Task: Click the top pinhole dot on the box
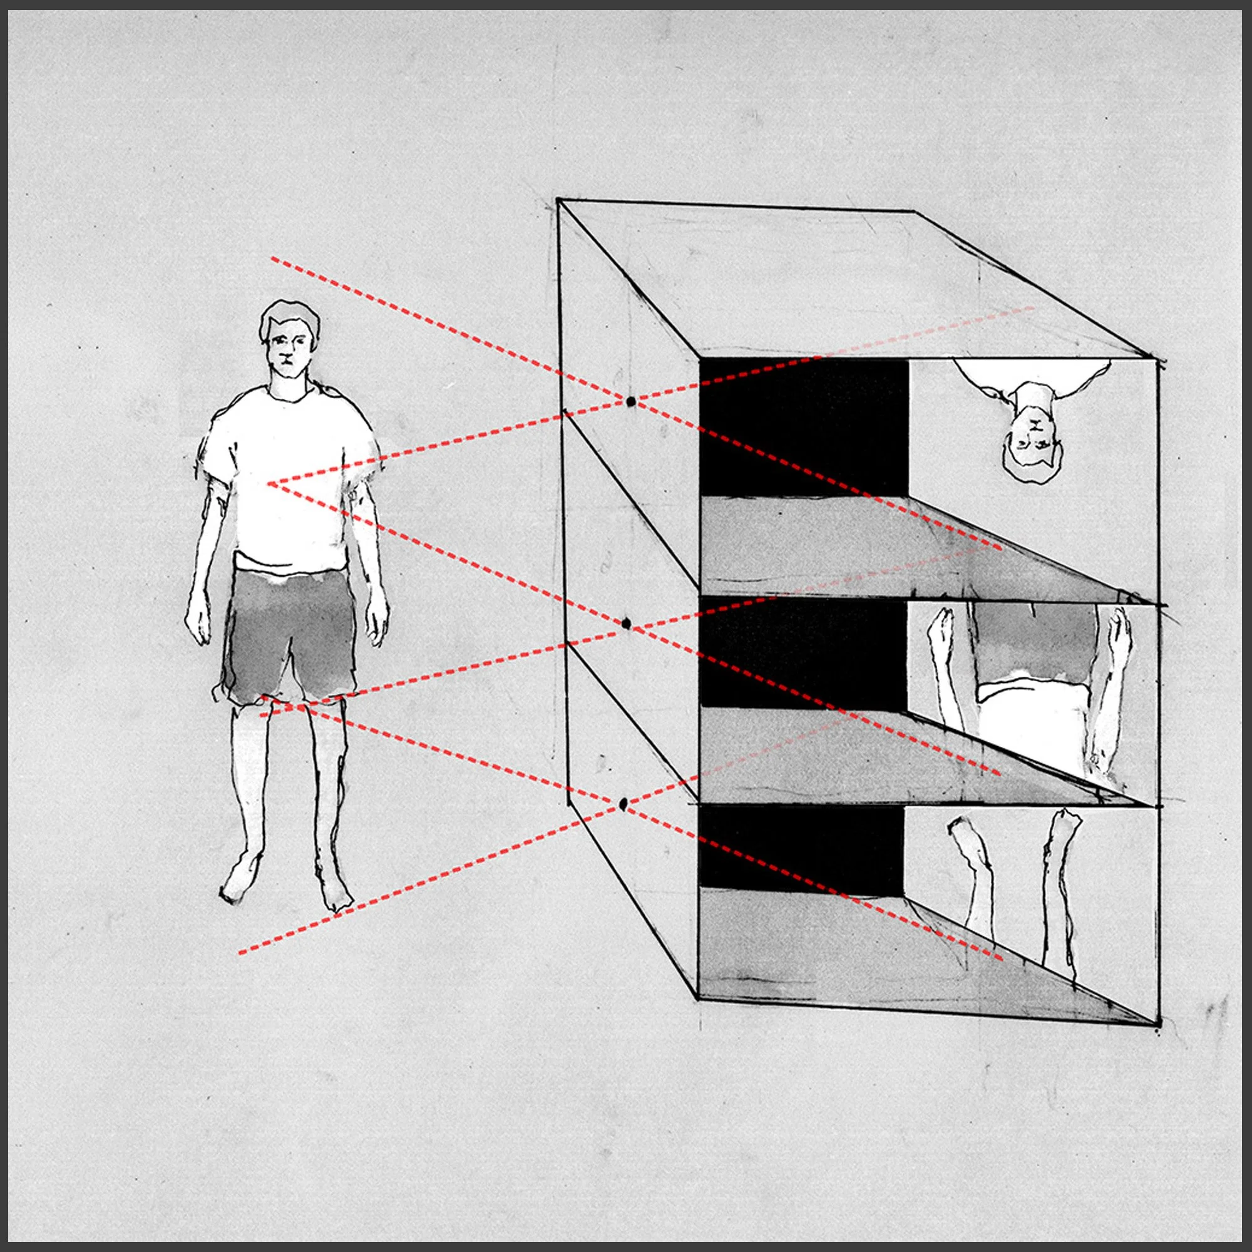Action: [631, 403]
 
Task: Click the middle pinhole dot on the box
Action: [626, 623]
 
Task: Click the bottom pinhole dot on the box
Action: [623, 804]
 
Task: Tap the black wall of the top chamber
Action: [804, 428]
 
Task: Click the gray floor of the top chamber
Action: [843, 545]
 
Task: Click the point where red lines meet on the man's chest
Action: [270, 483]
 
